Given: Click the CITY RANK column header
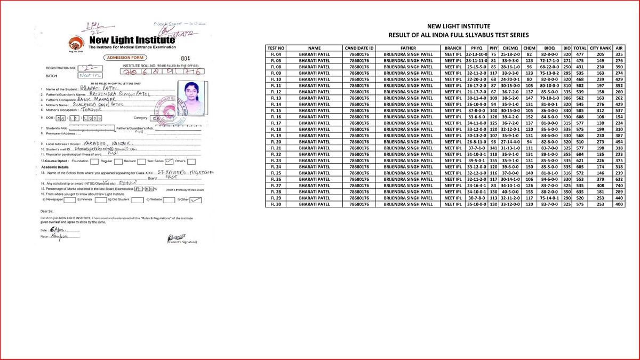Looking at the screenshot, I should pos(600,48).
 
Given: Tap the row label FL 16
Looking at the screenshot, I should pos(276,117).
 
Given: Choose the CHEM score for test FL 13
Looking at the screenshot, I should pos(530,98).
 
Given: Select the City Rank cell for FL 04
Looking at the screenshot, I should pos(600,54).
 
